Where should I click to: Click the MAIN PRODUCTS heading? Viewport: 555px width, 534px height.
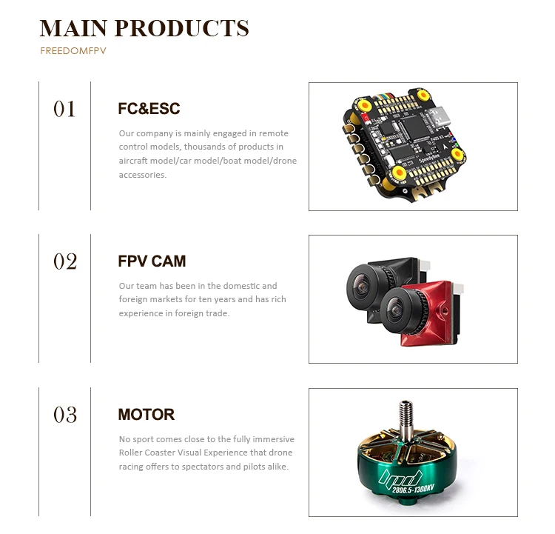click(144, 28)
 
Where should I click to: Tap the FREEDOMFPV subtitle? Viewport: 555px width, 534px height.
click(73, 53)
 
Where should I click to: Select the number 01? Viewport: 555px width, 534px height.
click(64, 109)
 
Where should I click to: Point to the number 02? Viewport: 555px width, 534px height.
click(65, 261)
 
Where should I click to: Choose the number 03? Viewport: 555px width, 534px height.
click(65, 415)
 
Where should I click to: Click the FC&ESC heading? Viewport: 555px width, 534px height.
click(149, 109)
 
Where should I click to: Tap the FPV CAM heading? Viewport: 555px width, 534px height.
click(152, 261)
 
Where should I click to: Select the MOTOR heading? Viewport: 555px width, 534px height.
click(147, 414)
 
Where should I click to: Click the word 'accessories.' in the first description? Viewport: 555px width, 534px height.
click(143, 176)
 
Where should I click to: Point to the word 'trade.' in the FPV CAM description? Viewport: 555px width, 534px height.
click(218, 313)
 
